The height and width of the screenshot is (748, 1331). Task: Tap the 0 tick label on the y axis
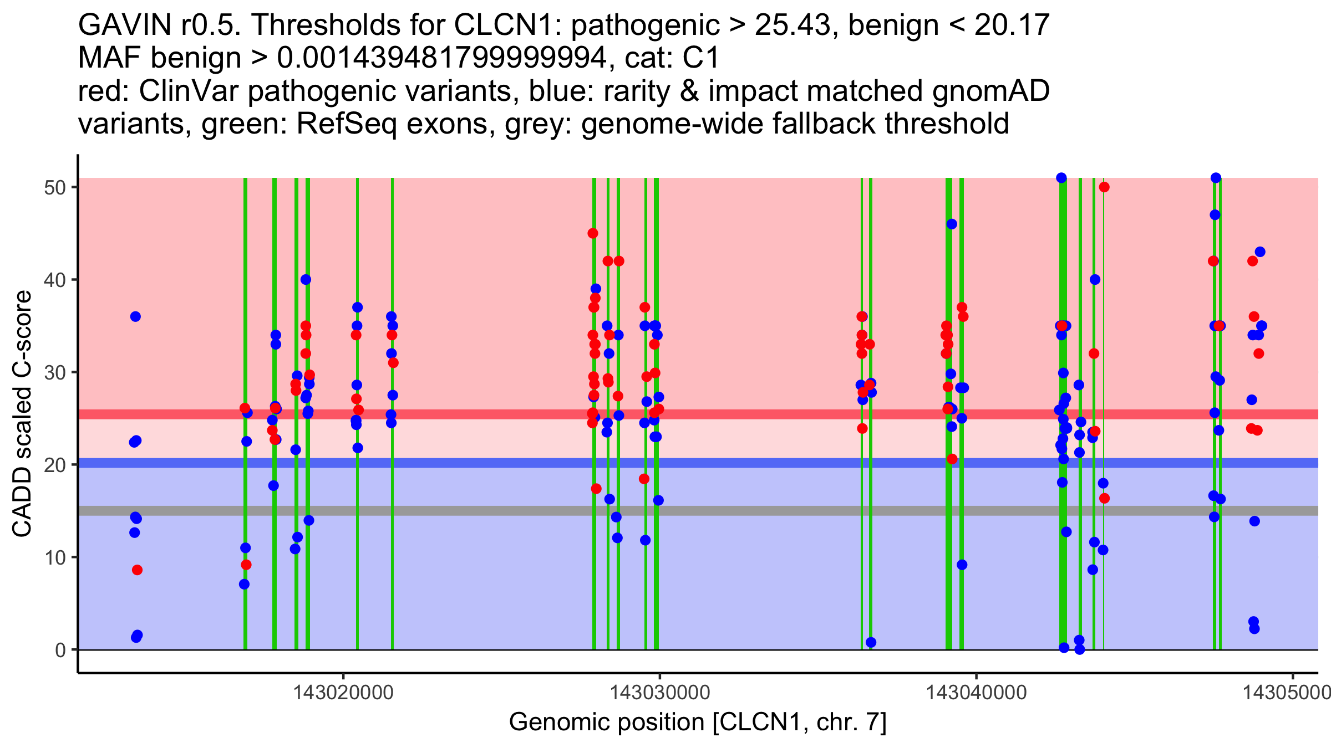[x=60, y=650]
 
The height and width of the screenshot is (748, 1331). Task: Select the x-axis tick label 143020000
[x=343, y=693]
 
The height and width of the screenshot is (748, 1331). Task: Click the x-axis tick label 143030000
[x=660, y=693]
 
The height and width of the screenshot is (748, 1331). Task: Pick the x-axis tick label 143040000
[x=977, y=693]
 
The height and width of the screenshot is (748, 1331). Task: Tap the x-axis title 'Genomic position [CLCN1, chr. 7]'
[x=698, y=723]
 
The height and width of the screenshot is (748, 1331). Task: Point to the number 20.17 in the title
[x=1012, y=25]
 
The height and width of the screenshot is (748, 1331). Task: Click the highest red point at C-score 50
[x=1104, y=187]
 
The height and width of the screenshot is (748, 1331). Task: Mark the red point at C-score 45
[x=593, y=233]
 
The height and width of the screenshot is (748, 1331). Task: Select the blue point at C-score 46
[x=952, y=224]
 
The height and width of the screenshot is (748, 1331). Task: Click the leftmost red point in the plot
[x=137, y=570]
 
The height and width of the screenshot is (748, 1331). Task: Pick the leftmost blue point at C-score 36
[x=135, y=316]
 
